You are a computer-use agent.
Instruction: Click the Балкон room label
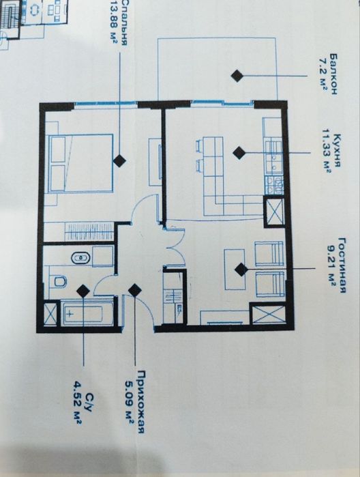click(333, 75)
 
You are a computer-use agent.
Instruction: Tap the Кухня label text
click(336, 150)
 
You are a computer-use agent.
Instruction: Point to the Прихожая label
click(141, 401)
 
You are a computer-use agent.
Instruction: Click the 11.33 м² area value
click(326, 150)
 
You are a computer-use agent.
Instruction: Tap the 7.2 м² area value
click(323, 75)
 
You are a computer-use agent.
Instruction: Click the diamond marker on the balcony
click(237, 76)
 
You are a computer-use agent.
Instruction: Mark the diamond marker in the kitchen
click(239, 153)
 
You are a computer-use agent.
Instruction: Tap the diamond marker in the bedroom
click(119, 160)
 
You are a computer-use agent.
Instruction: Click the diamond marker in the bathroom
click(83, 291)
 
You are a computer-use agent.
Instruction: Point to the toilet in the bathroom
click(60, 281)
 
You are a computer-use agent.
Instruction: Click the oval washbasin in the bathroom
click(80, 258)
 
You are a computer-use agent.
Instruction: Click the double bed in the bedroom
click(80, 164)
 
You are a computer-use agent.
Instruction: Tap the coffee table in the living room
click(235, 270)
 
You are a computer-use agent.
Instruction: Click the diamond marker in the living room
click(241, 270)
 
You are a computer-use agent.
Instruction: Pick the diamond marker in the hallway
click(134, 290)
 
